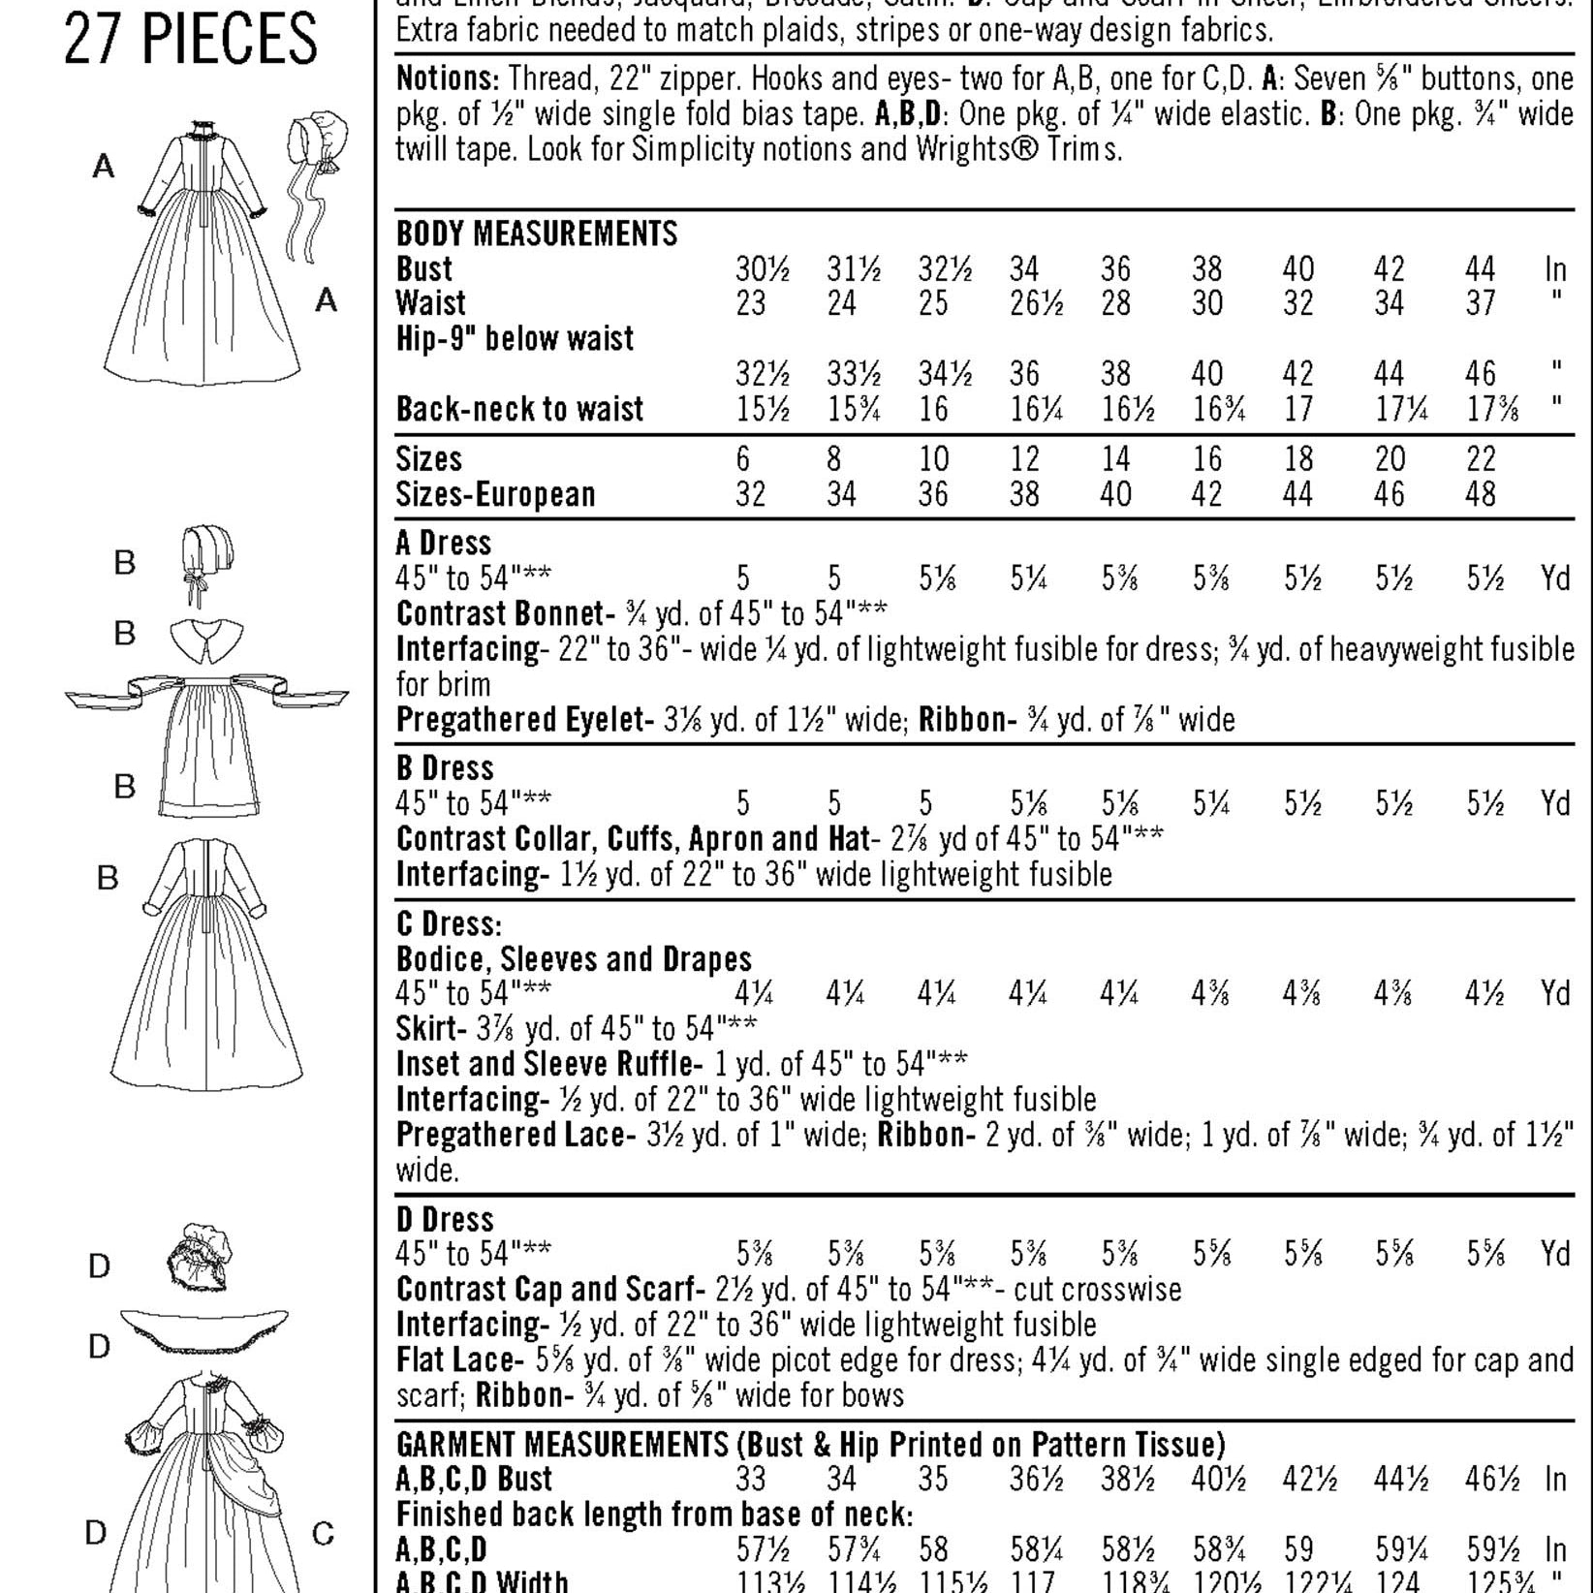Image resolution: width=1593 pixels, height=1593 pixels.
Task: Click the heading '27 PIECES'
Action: (191, 40)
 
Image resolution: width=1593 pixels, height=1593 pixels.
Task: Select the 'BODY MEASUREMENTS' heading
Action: (537, 234)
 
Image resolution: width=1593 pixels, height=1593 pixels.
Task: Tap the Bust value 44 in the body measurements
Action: (1480, 268)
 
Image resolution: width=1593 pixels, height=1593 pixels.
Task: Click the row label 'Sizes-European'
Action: (495, 494)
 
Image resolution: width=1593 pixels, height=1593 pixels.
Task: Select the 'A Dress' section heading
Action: (444, 543)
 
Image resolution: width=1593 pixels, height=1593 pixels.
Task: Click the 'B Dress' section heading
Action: (445, 768)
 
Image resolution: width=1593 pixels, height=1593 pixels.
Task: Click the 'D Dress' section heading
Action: (445, 1219)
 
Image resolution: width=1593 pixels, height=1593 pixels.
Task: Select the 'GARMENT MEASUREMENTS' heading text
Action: (562, 1445)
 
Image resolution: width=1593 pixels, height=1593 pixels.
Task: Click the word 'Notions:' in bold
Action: (448, 78)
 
